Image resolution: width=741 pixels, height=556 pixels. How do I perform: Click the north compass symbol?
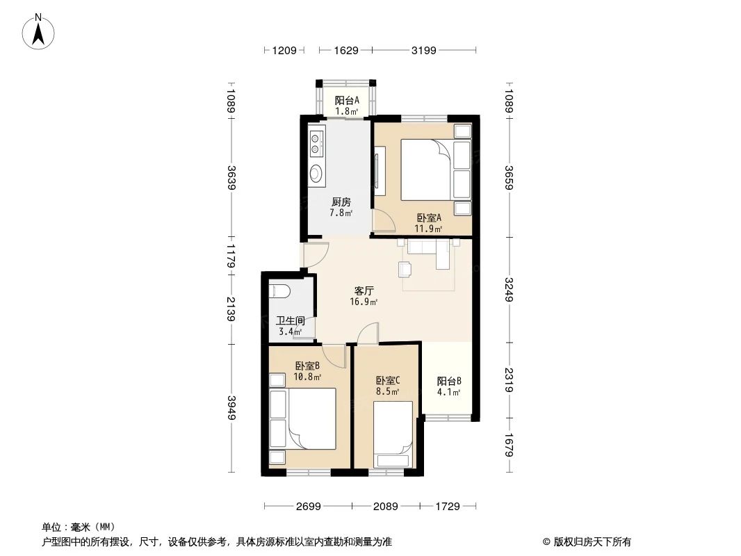pos(40,31)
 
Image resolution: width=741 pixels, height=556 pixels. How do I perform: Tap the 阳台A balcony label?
pos(347,100)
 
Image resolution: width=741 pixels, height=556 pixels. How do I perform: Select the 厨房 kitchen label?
pos(341,202)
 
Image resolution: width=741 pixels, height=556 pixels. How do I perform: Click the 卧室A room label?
pos(429,217)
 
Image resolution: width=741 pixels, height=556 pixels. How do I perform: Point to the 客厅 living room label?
pos(364,291)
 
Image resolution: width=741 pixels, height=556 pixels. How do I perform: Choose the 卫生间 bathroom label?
pos(290,321)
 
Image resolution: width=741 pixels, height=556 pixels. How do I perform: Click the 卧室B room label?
pos(307,366)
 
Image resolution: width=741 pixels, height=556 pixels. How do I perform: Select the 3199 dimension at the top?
pos(424,50)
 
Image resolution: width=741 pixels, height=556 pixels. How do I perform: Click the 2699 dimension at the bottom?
pos(308,507)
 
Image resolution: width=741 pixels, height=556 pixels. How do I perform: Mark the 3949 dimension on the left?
pos(231,408)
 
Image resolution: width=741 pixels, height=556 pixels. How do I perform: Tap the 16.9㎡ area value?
pos(364,302)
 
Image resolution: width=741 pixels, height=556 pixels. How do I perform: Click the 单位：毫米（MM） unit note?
pos(79,527)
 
